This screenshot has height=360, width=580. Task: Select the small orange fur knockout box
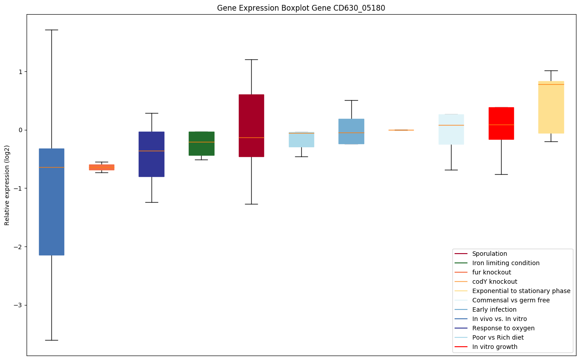(101, 167)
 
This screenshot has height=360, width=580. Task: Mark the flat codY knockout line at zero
(401, 130)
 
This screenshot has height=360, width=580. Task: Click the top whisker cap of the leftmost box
(51, 30)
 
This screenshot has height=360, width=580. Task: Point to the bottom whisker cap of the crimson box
(251, 204)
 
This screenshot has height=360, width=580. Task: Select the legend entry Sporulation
(489, 254)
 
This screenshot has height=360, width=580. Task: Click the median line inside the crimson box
(251, 137)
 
